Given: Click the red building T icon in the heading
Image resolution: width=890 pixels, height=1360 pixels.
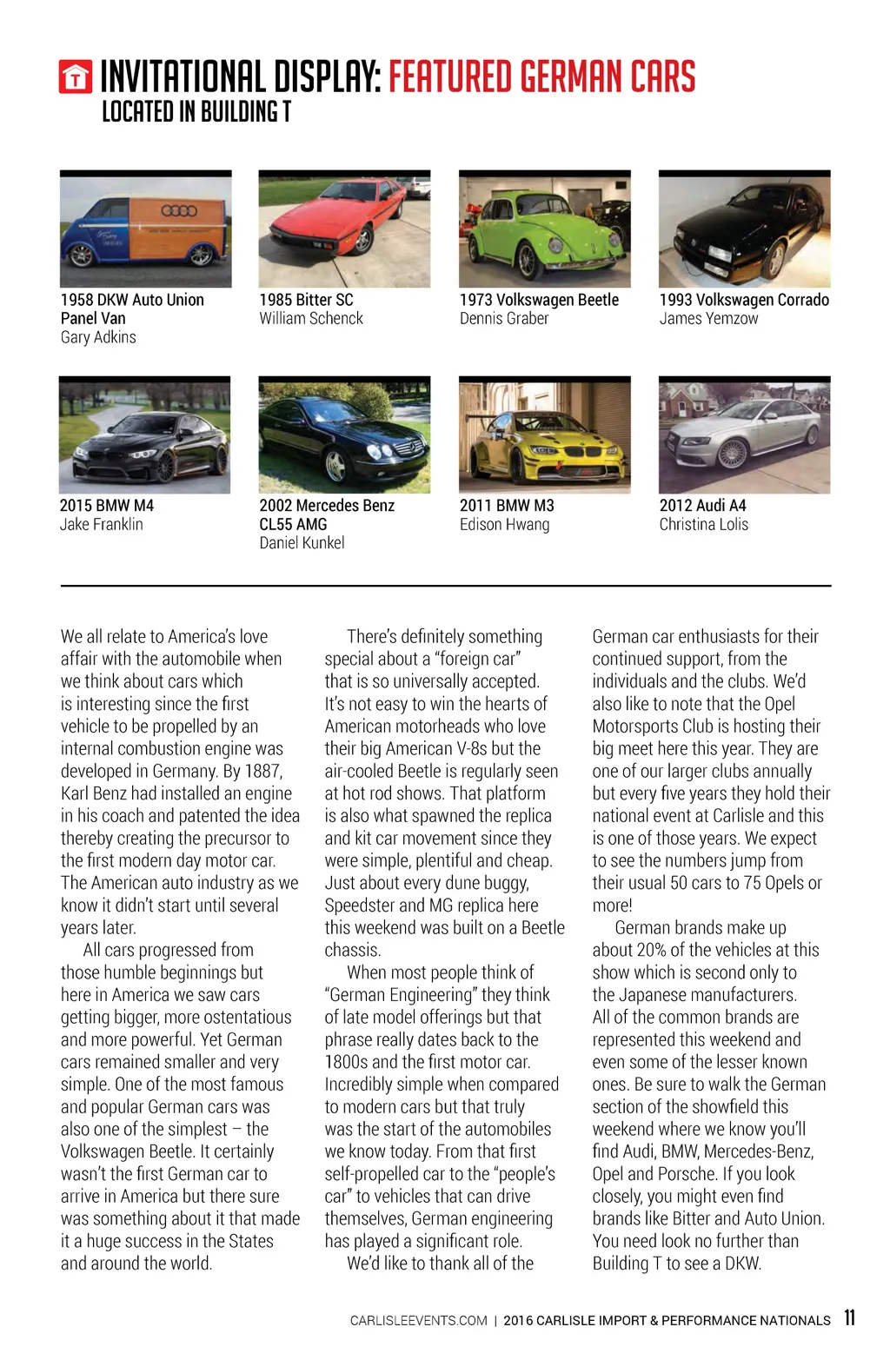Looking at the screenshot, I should [76, 77].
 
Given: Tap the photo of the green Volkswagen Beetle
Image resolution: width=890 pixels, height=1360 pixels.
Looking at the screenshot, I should [544, 229].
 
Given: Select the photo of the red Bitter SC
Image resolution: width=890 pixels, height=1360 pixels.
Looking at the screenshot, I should [344, 229].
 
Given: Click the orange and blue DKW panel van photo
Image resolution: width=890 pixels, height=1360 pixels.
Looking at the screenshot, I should [145, 229].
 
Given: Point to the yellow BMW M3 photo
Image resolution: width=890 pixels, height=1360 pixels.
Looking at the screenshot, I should [544, 435].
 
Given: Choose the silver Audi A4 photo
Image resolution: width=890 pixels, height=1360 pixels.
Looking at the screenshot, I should [744, 435].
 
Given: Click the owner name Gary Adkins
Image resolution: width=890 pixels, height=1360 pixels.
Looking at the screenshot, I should [98, 337].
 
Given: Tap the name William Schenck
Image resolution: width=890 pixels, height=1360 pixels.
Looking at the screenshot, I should [311, 318].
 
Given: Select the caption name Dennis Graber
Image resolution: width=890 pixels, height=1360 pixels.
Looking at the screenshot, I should [504, 318].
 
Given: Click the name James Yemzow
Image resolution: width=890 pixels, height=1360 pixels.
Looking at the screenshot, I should [708, 318].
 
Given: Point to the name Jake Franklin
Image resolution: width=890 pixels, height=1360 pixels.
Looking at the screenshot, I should [101, 524].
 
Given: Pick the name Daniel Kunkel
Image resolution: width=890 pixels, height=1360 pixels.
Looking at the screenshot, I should [302, 543].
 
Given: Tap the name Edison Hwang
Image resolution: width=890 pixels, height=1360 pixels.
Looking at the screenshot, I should [504, 524].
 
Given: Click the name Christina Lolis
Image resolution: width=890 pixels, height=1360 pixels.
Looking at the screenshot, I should [703, 524].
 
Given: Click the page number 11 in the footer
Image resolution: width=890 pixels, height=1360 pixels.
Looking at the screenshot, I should [849, 1317].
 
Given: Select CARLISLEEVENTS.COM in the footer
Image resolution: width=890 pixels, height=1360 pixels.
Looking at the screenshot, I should [418, 1321].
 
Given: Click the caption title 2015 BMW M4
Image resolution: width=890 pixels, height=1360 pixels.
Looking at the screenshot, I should [106, 505].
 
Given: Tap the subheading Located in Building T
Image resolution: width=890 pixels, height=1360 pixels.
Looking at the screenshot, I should [196, 112].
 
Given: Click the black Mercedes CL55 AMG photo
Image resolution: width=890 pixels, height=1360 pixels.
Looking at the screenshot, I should [344, 435].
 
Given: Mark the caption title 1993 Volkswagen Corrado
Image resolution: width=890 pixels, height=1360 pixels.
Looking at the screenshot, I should [744, 300].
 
